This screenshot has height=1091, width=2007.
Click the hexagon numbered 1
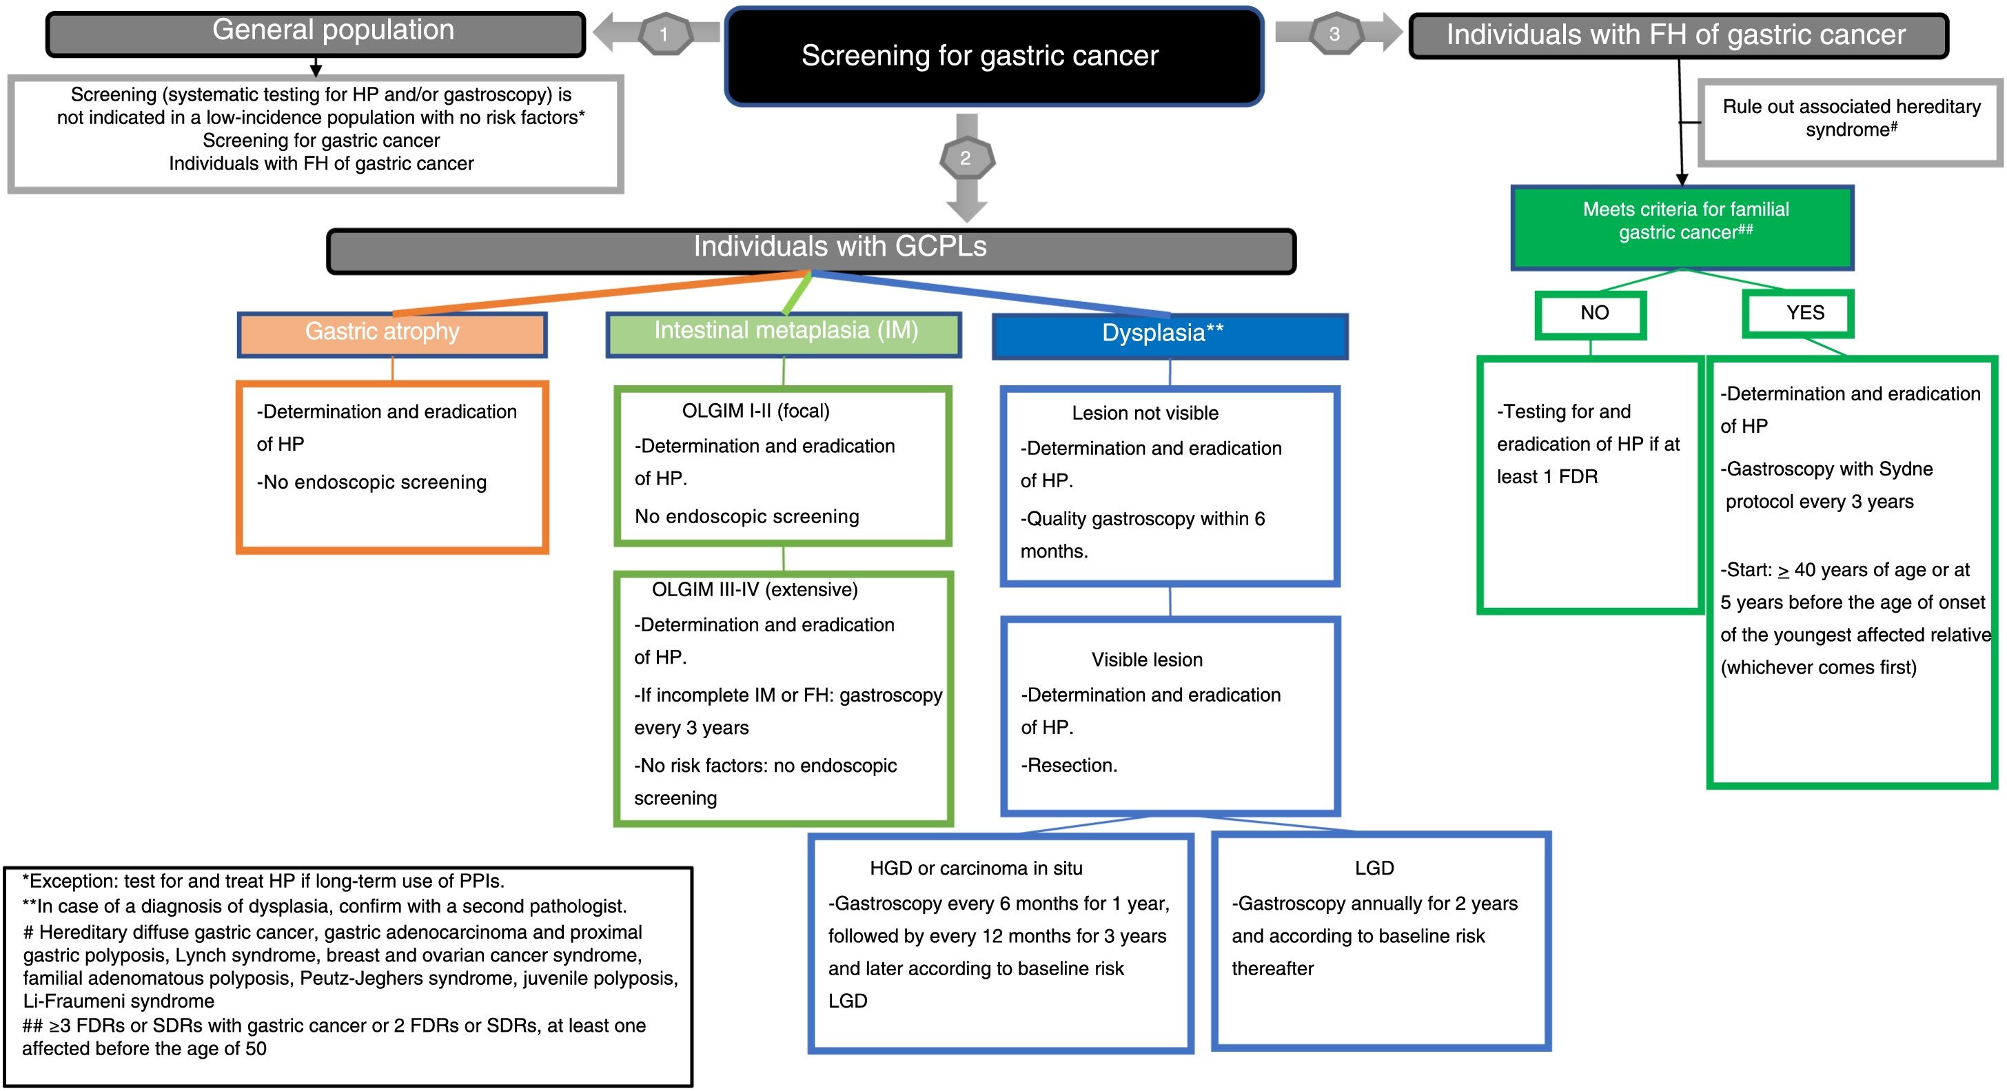point(664,34)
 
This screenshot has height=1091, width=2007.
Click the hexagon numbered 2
point(966,159)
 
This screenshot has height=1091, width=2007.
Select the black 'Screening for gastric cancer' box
point(993,56)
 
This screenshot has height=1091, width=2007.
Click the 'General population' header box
point(316,34)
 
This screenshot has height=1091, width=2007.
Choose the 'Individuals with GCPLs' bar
point(811,251)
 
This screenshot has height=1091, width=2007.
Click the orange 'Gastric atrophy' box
point(392,334)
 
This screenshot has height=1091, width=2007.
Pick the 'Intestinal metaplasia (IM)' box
point(783,334)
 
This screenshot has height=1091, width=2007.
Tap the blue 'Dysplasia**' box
point(1170,336)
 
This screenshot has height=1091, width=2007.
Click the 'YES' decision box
point(1797,314)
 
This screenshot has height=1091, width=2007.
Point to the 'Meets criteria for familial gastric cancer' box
point(1682,227)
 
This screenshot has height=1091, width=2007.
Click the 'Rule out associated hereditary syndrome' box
point(1851,123)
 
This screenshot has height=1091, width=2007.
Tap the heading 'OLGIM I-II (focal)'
point(756,411)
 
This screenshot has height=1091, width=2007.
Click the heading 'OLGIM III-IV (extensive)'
point(754,589)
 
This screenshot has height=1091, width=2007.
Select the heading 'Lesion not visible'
point(1145,413)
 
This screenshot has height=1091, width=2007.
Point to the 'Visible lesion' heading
point(1147,660)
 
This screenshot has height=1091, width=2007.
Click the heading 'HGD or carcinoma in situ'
point(975,868)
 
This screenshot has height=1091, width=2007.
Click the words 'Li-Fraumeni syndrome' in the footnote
point(119,1001)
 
